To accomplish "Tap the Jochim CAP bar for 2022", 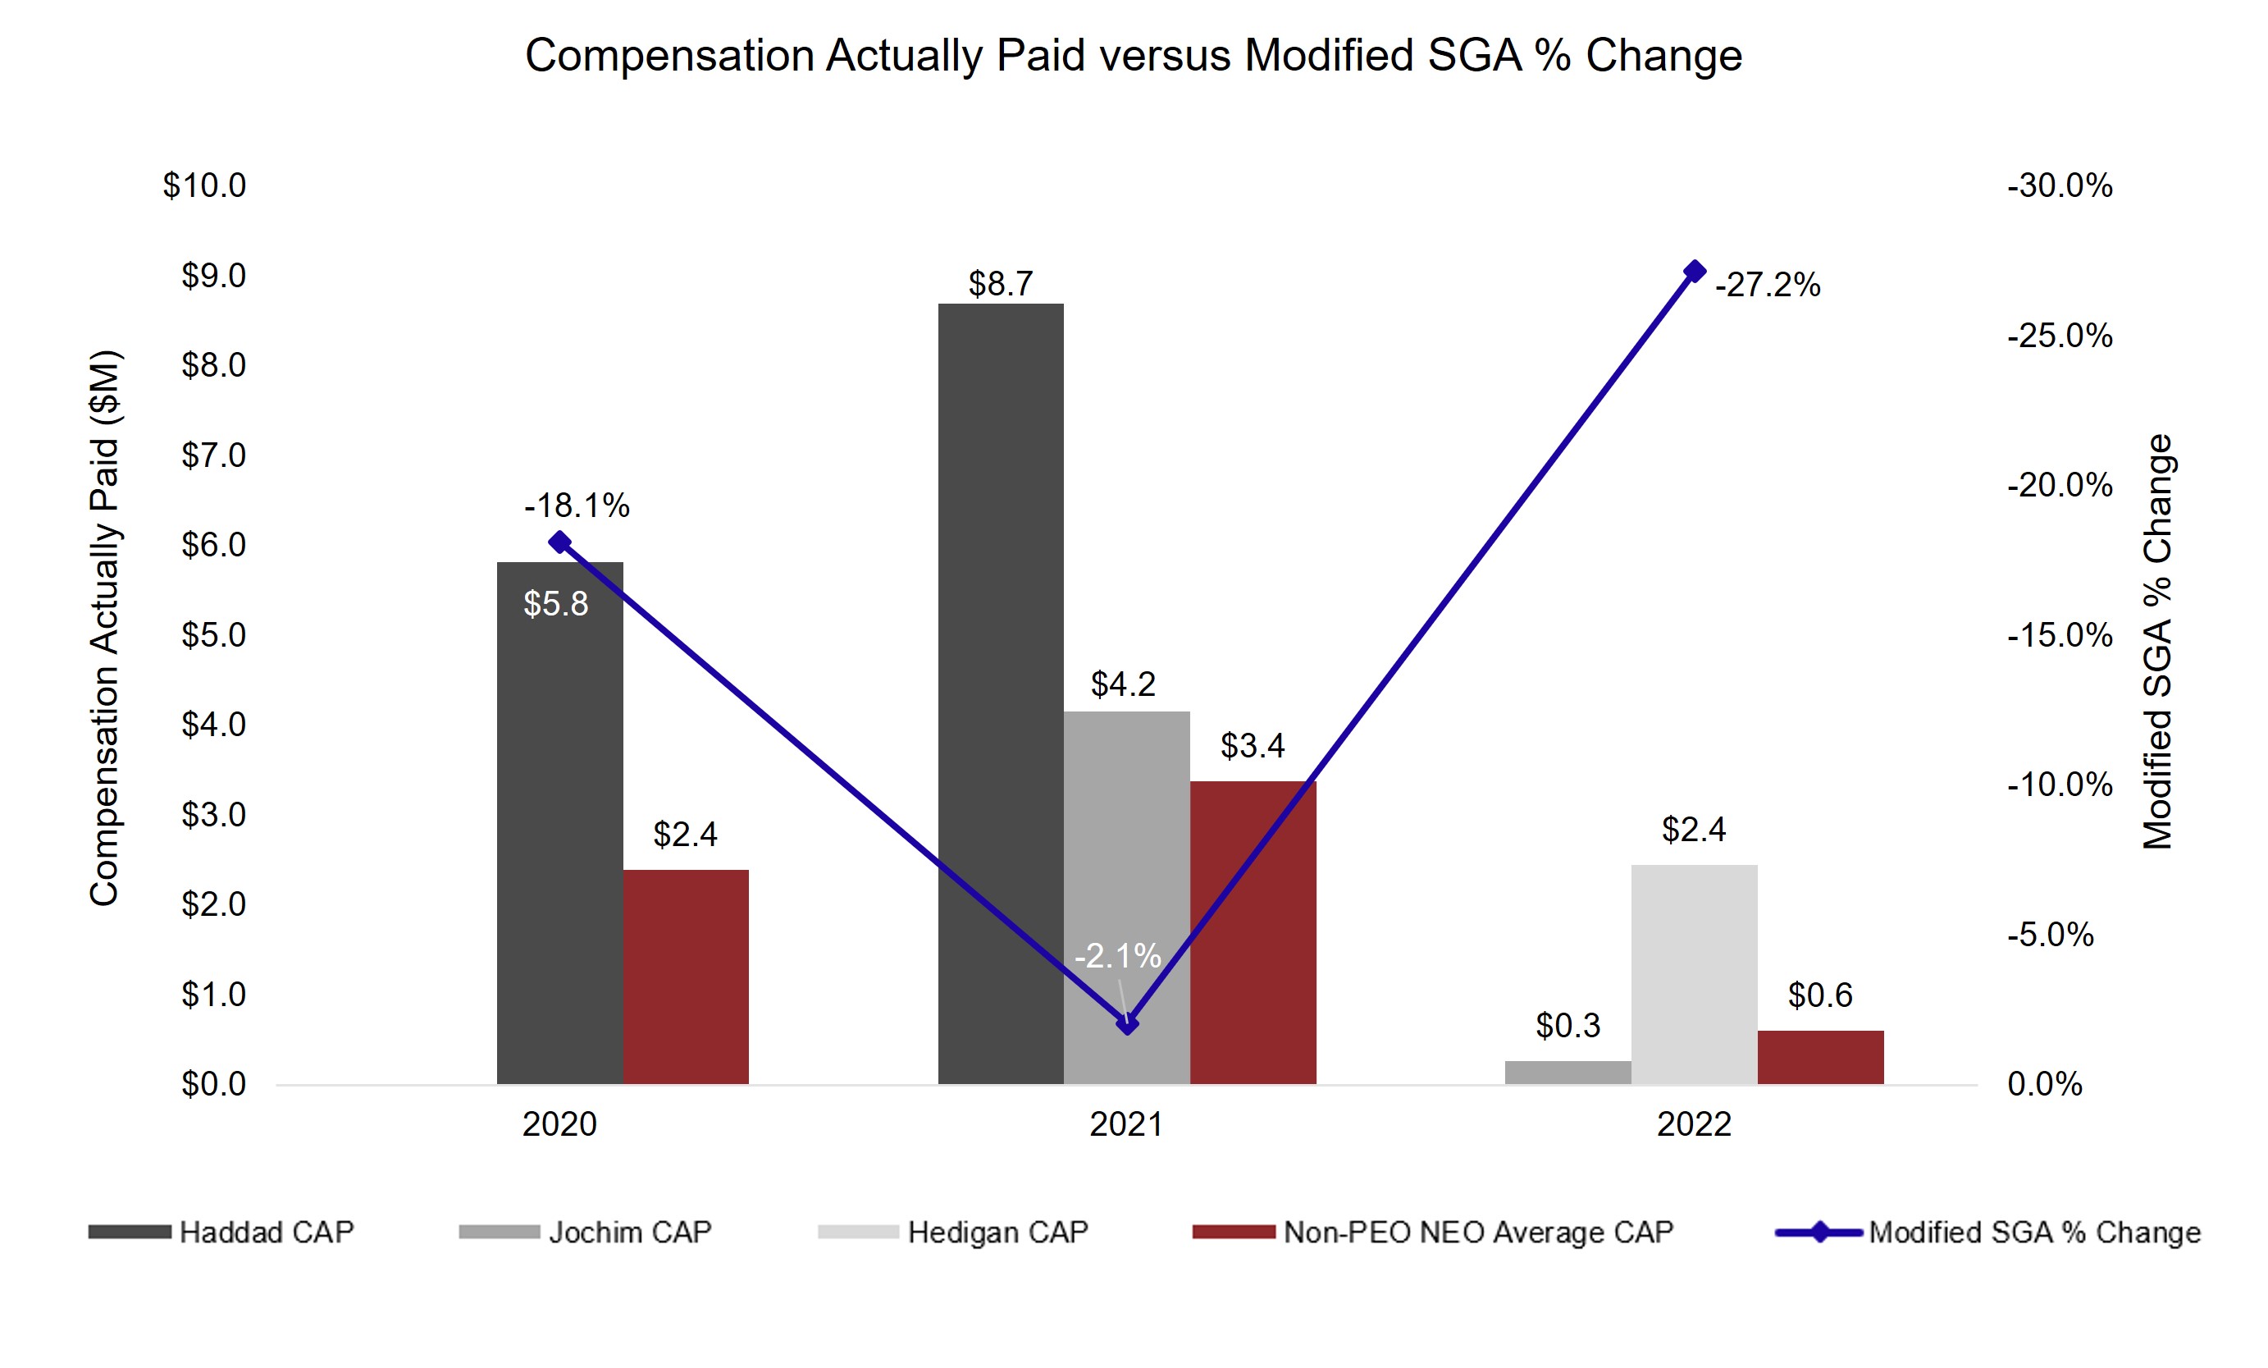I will (x=1568, y=1073).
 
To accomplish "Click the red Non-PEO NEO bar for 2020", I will (x=686, y=977).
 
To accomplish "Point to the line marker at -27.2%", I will (x=1695, y=272).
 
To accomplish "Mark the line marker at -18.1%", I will (x=559, y=542).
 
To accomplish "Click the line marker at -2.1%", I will (x=1127, y=1023).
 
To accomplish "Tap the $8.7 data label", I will (x=1001, y=284).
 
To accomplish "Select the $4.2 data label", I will (x=1123, y=684).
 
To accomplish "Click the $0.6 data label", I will (x=1820, y=995).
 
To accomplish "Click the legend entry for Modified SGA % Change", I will (x=1988, y=1232).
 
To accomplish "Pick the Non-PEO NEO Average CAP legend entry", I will (x=1433, y=1232).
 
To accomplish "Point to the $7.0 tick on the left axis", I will (x=213, y=455).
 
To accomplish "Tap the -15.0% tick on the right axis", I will (x=2060, y=635).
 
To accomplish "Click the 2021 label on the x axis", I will (x=1127, y=1124).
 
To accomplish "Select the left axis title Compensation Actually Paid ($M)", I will (x=105, y=628).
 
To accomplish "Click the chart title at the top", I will (x=1133, y=55).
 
